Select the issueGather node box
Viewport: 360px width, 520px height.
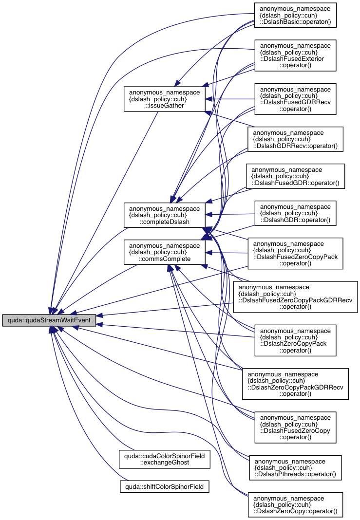[164, 98]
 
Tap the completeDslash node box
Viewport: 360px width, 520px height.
[164, 215]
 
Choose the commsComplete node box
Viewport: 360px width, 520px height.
[164, 252]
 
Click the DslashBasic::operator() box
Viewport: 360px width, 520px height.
[295, 16]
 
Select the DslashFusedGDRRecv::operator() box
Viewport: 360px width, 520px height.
[295, 100]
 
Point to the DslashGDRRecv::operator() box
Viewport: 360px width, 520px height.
[295, 140]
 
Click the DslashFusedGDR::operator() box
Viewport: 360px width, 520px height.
[295, 177]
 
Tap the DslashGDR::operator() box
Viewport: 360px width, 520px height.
[295, 214]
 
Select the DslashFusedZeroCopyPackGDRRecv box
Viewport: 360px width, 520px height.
[295, 297]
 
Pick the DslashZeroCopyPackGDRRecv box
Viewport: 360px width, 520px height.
[295, 384]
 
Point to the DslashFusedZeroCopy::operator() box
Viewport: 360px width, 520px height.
[295, 427]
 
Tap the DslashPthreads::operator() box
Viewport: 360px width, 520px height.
[295, 467]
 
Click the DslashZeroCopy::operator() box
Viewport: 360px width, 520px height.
[295, 504]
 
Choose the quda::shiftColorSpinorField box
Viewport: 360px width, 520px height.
[165, 486]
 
